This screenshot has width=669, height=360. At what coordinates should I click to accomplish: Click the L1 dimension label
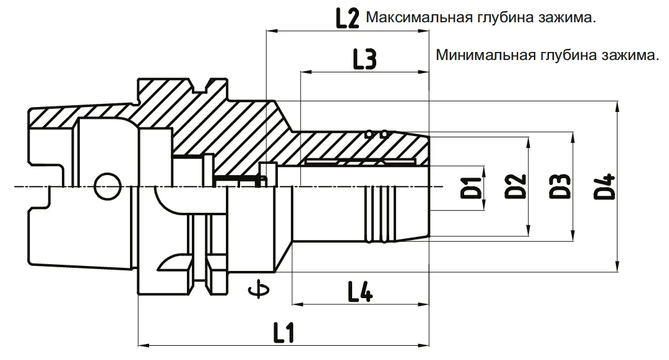[x=283, y=332]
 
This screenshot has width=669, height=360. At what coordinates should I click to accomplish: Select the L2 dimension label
[x=347, y=19]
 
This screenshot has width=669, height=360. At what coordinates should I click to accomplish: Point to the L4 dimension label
[x=361, y=291]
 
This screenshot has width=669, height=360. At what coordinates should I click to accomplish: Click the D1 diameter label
[x=471, y=187]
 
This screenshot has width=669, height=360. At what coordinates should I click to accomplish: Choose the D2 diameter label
[x=516, y=186]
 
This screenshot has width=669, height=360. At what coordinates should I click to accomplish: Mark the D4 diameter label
[x=605, y=186]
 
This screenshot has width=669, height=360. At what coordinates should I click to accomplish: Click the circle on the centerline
[x=107, y=186]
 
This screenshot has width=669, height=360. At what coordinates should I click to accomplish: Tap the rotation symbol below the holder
[x=259, y=290]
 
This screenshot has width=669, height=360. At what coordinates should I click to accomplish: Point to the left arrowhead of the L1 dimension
[x=143, y=344]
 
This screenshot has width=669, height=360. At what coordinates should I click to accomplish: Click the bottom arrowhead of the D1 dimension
[x=484, y=205]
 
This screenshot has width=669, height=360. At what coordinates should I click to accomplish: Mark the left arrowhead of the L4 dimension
[x=297, y=304]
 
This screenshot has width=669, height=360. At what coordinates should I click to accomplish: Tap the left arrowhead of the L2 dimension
[x=271, y=31]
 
